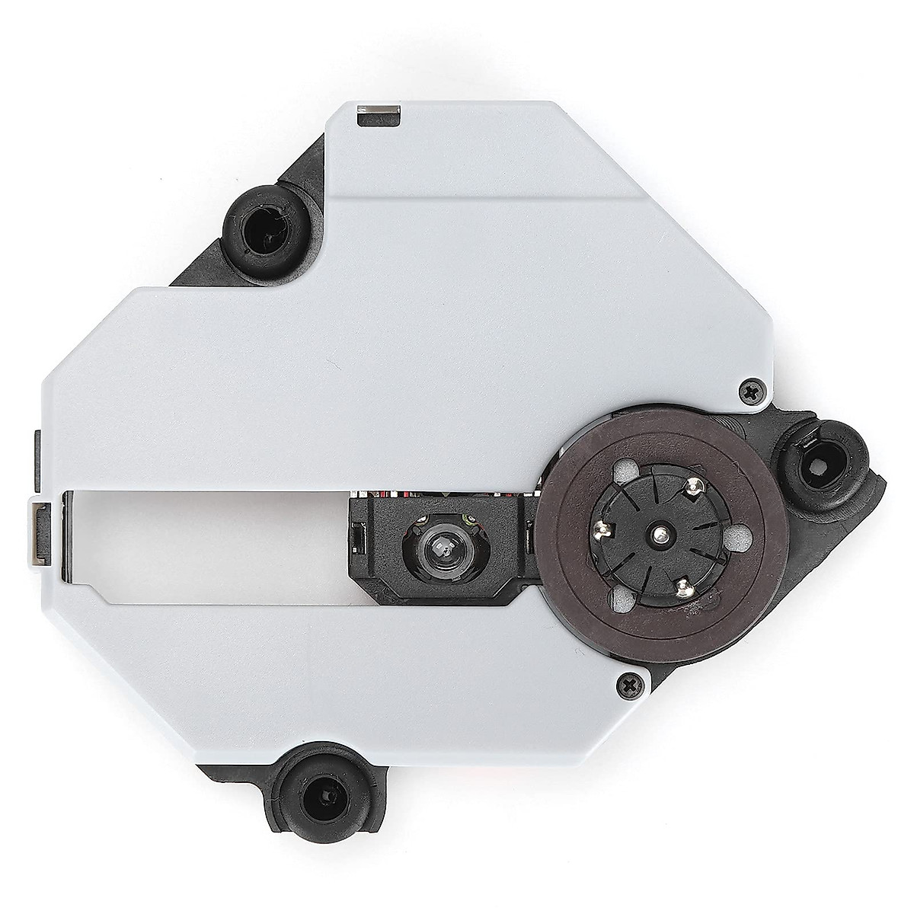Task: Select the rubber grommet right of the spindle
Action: [836, 463]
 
